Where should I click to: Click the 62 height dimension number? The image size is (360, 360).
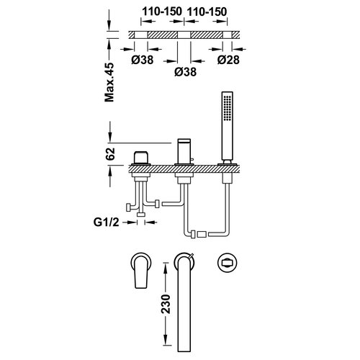110,153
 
